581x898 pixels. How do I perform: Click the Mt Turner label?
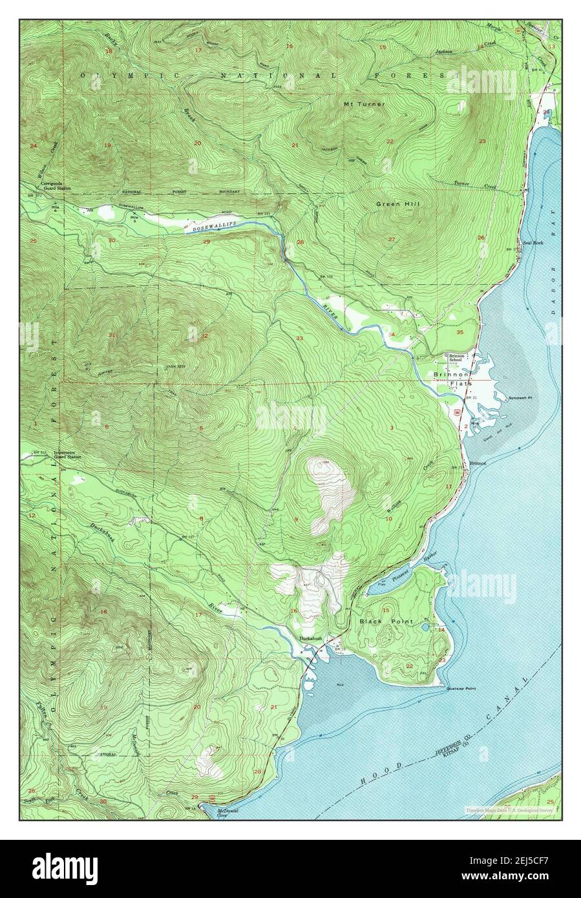(x=364, y=104)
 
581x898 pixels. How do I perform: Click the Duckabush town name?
(x=310, y=639)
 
